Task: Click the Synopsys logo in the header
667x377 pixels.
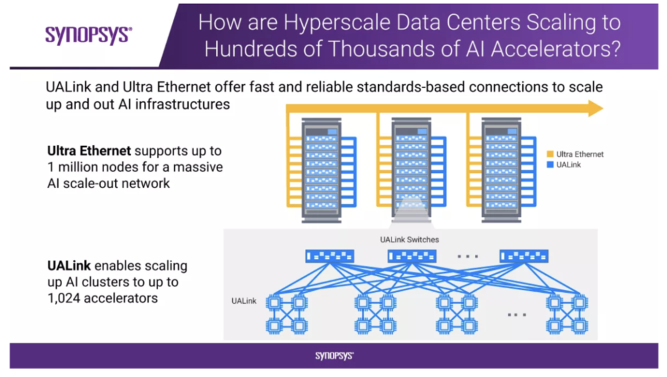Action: click(x=88, y=34)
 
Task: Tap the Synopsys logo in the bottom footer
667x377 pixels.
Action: click(x=333, y=356)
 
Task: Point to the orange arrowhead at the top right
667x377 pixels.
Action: click(x=595, y=109)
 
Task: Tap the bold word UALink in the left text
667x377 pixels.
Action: click(x=69, y=266)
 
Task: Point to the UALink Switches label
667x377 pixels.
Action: click(x=410, y=240)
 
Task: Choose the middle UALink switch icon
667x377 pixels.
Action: click(x=412, y=256)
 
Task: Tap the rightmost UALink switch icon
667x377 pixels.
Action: click(x=524, y=256)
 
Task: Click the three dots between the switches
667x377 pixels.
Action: click(x=468, y=256)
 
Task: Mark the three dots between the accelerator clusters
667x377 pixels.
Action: click(x=517, y=314)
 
